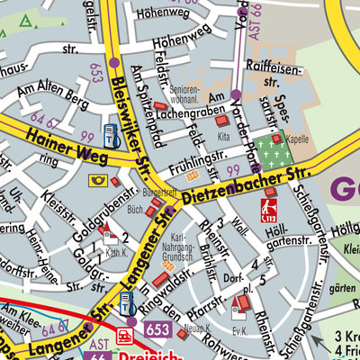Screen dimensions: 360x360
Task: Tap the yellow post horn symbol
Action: (x=96, y=180)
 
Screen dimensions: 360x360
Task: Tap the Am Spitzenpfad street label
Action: (x=139, y=94)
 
